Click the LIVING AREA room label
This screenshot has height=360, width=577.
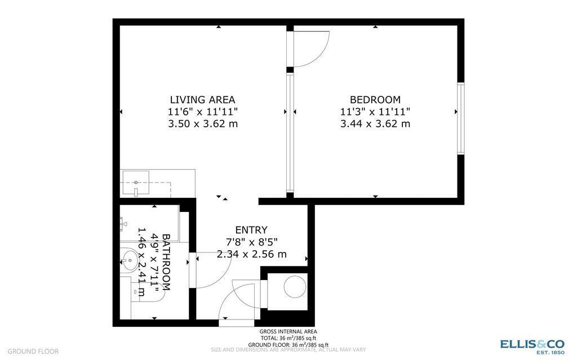pos(202,100)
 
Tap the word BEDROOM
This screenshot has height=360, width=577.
pos(375,100)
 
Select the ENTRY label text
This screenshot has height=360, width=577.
pos(251,230)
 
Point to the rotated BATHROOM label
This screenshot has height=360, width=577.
pos(167,262)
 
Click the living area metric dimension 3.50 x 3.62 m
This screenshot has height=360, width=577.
pos(202,123)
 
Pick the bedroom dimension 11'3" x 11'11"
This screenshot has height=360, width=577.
pos(375,112)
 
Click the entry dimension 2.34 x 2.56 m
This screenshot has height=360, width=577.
pos(251,254)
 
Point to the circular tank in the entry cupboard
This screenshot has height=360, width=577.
pos(294,287)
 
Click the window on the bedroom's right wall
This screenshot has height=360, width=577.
pos(460,118)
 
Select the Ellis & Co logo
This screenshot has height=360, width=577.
pos(532,345)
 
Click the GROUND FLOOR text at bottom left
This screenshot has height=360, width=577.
pos(33,351)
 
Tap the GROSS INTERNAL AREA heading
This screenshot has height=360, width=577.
pos(288,332)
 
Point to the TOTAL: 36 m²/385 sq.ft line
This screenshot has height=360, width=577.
pos(288,338)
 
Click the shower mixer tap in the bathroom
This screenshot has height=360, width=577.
pos(123,224)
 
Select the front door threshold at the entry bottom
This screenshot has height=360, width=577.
pos(236,323)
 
